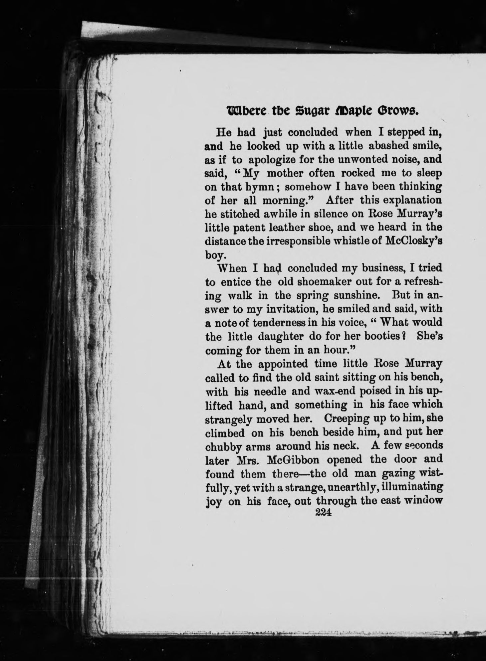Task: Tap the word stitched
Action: click(239, 214)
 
